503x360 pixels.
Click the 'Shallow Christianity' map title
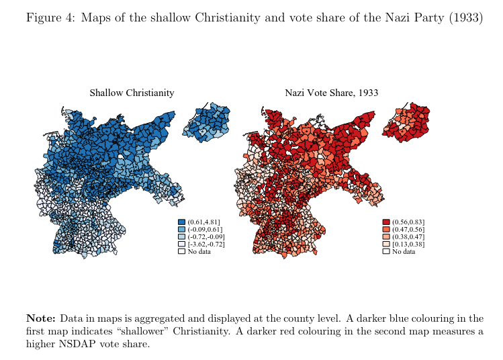pyautogui.click(x=132, y=93)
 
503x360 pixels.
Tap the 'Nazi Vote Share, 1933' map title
pyautogui.click(x=331, y=93)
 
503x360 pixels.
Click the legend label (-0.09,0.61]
pyautogui.click(x=204, y=230)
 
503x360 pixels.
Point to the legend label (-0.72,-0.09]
pyautogui.click(x=205, y=237)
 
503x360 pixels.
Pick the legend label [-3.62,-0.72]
pyautogui.click(x=205, y=244)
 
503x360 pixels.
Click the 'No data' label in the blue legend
pyautogui.click(x=199, y=252)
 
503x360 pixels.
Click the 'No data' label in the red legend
pyautogui.click(x=404, y=252)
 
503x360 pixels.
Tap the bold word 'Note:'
pyautogui.click(x=41, y=318)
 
